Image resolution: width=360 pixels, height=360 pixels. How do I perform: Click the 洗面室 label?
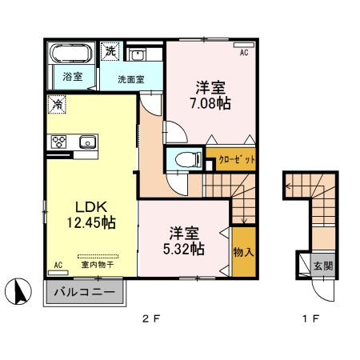click(x=130, y=79)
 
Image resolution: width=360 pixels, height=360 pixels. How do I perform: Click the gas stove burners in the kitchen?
click(x=58, y=142)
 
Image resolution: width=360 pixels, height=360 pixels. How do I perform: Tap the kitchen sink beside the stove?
click(x=86, y=142)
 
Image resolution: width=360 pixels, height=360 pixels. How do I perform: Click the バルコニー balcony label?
click(x=84, y=292)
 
